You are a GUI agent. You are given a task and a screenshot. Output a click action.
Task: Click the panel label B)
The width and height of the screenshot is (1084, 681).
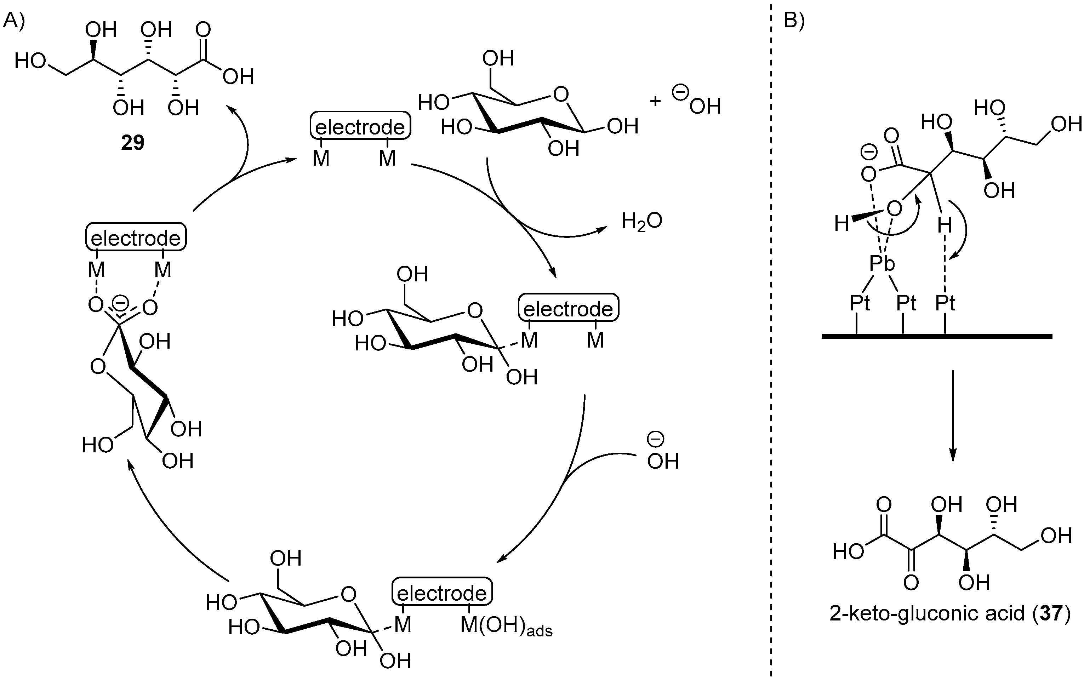(794, 21)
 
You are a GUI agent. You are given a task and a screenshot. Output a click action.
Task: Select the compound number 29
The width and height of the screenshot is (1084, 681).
(132, 143)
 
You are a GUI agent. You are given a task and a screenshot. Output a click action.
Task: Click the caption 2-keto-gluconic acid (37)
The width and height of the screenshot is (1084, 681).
(950, 613)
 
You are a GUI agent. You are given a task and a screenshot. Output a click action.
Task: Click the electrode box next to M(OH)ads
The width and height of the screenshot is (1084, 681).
(442, 593)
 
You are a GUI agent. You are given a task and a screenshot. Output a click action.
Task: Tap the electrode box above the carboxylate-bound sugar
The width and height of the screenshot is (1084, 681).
(136, 238)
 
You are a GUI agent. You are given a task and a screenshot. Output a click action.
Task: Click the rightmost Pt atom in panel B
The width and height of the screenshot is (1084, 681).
(945, 303)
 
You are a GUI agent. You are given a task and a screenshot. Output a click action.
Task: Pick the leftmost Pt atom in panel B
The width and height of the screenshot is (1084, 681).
(860, 303)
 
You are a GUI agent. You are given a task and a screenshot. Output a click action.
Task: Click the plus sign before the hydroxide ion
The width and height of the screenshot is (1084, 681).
(655, 102)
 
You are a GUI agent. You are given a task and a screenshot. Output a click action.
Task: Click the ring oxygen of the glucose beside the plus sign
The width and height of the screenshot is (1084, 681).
(561, 95)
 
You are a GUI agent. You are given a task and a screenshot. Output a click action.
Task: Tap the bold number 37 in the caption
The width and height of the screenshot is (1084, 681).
(1051, 613)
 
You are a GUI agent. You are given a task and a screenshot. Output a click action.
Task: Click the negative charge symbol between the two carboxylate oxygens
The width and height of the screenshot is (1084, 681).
(120, 303)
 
